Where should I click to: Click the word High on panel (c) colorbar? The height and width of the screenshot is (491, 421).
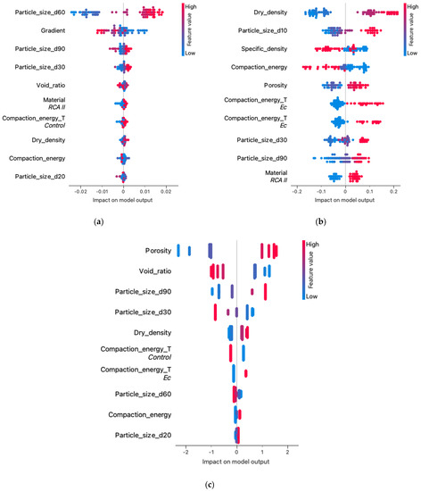[x=310, y=241]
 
